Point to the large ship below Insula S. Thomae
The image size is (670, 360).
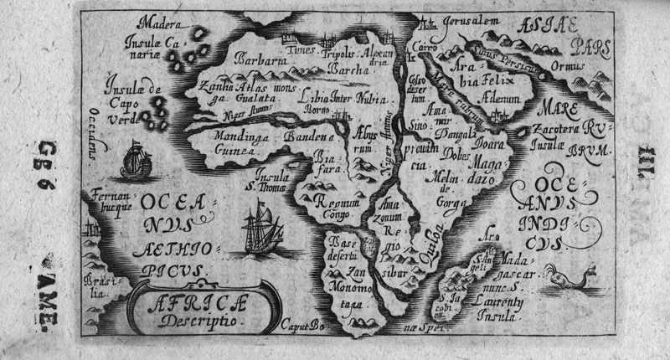click(x=261, y=227)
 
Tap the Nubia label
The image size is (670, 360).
click(x=368, y=96)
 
